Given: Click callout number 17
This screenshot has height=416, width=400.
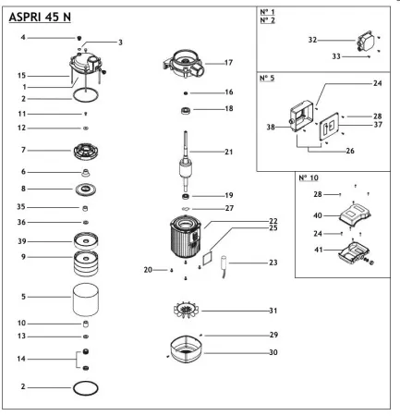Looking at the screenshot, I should [228, 63].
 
